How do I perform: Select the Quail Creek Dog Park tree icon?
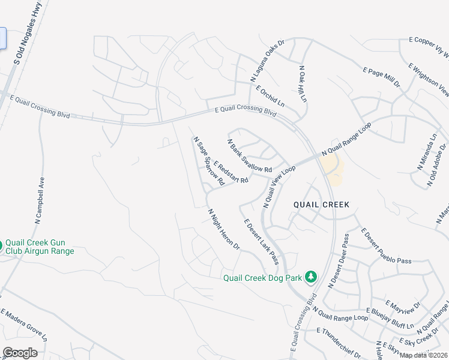(x=310, y=276)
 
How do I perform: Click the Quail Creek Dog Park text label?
(x=262, y=277)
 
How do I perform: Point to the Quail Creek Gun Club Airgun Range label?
(x=40, y=247)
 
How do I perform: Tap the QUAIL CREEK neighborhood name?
(x=321, y=205)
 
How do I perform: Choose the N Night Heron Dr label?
(x=224, y=229)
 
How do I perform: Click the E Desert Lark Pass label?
(x=261, y=241)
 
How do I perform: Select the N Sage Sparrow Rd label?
(x=208, y=160)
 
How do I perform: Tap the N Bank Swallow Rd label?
(x=249, y=155)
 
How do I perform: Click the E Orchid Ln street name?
(x=270, y=96)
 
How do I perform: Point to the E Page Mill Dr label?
(x=381, y=77)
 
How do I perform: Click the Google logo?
(x=20, y=353)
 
